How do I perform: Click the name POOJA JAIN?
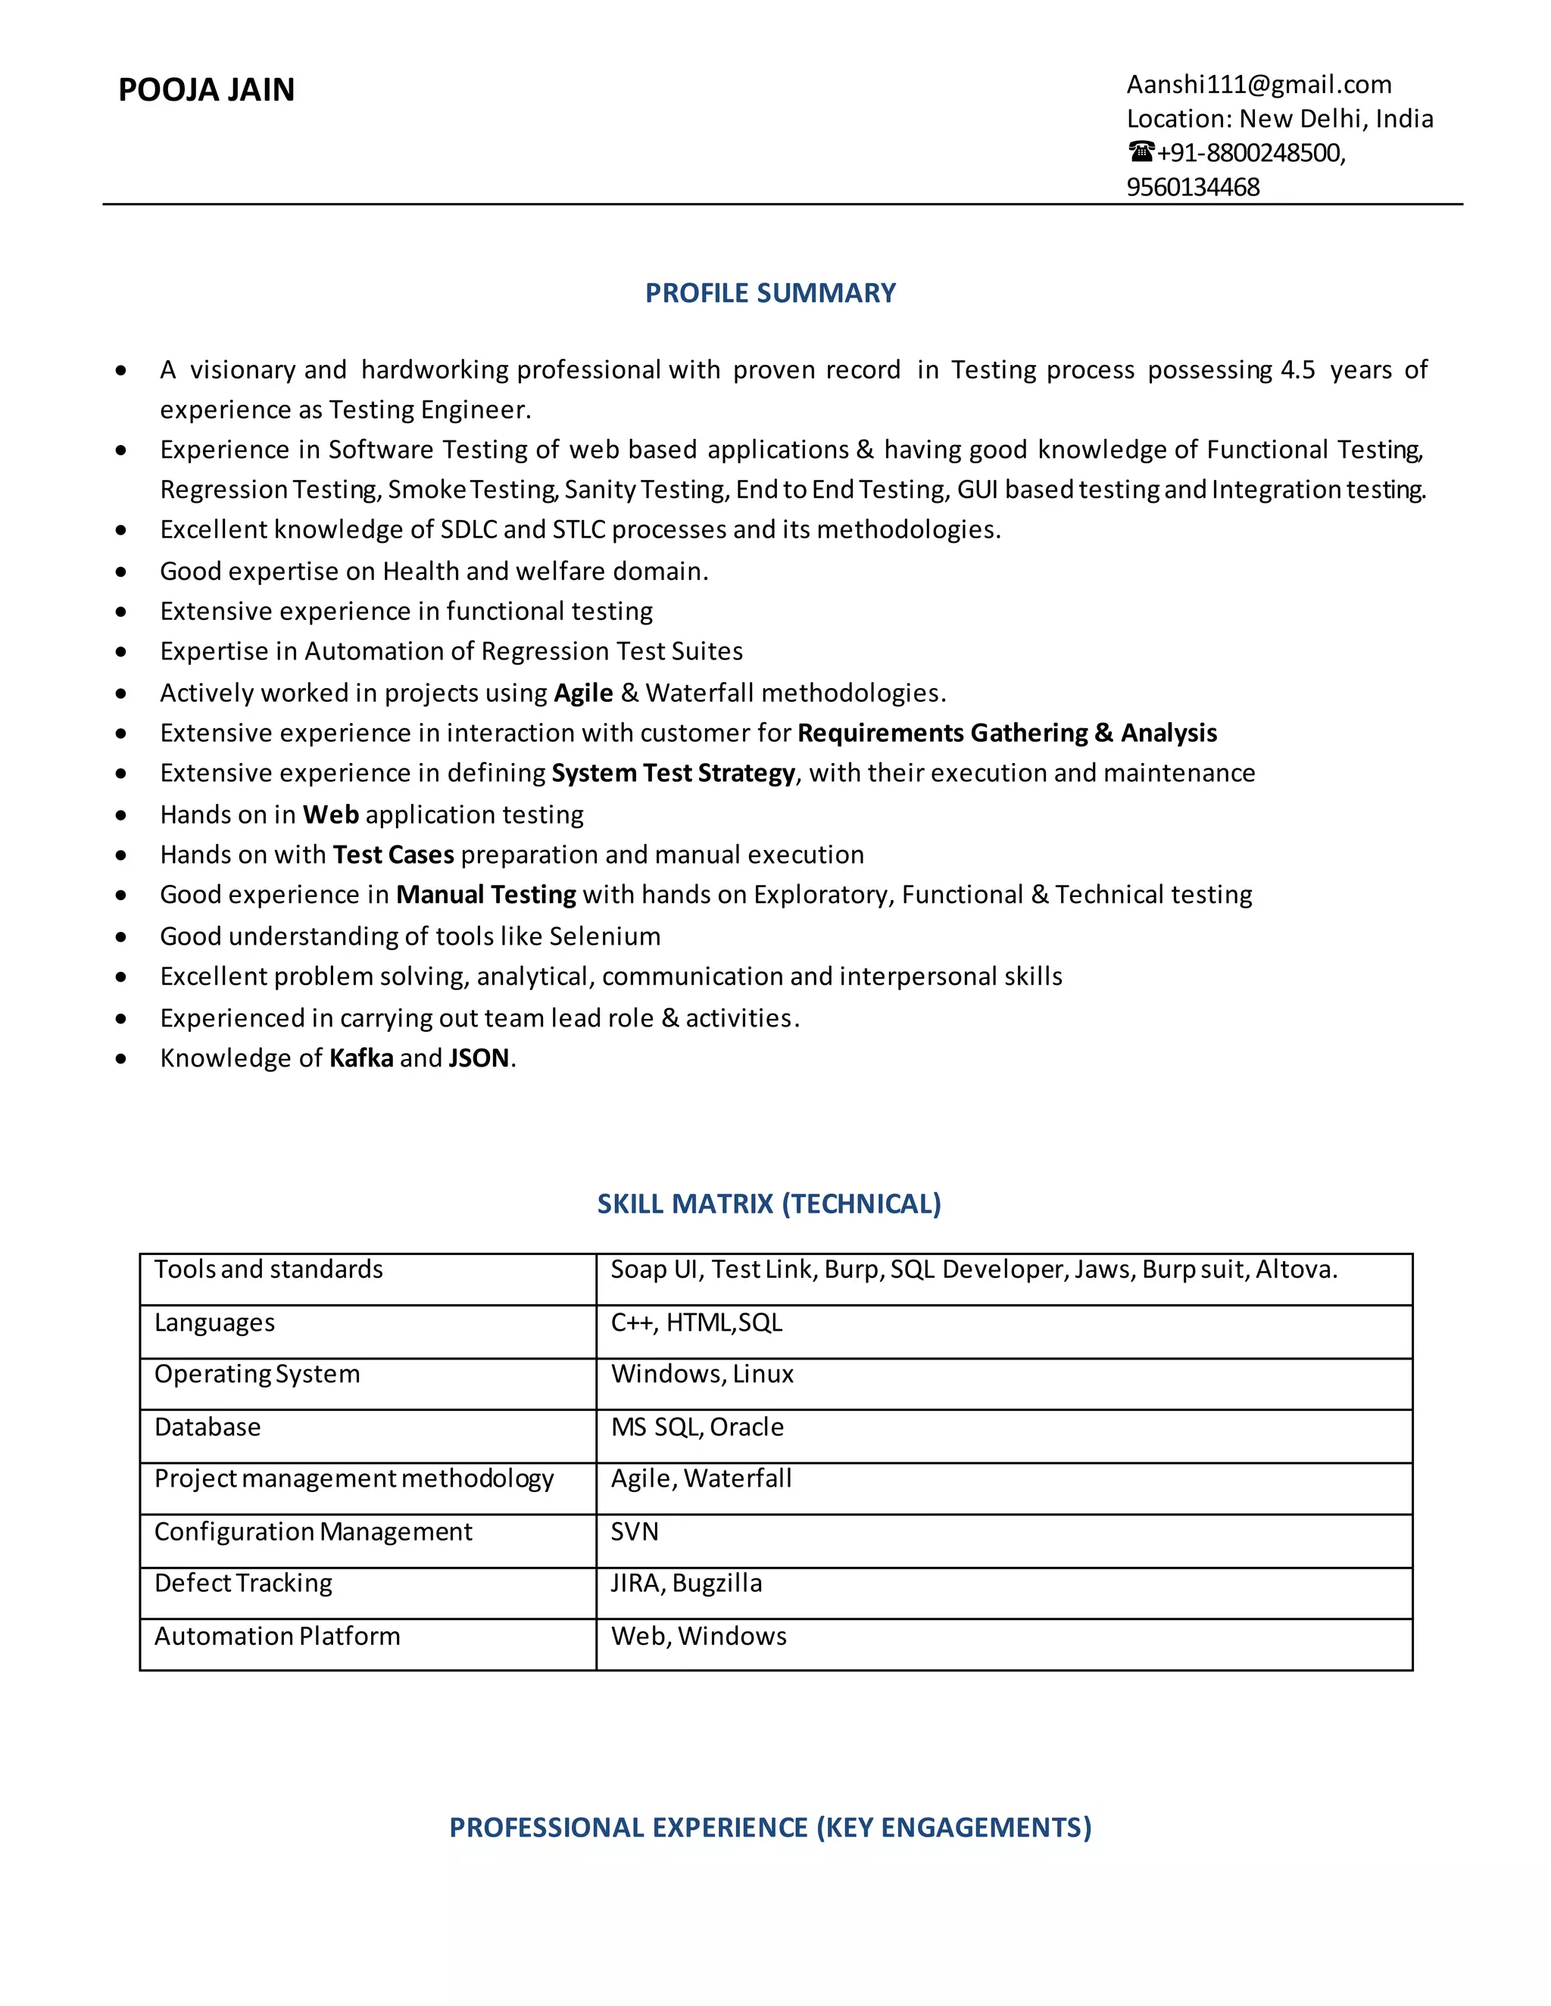[x=207, y=90]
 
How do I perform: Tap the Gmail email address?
[x=1258, y=85]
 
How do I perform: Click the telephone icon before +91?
[x=1141, y=151]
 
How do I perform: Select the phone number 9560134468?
[x=1193, y=188]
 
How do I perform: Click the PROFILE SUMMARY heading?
[x=770, y=293]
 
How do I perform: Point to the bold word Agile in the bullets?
[x=583, y=693]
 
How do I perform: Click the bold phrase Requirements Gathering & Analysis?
[x=1006, y=733]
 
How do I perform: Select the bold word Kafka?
[x=361, y=1058]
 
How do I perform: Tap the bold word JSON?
[x=479, y=1058]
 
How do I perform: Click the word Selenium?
[x=604, y=936]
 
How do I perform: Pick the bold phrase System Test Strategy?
[x=673, y=774]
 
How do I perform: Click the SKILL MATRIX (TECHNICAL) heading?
[x=769, y=1204]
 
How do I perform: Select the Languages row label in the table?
[x=214, y=1322]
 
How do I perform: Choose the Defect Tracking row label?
[x=244, y=1584]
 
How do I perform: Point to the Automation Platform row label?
[x=276, y=1637]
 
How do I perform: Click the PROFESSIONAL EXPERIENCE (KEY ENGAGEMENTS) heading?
[x=770, y=1828]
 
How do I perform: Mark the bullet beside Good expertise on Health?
[x=121, y=572]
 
